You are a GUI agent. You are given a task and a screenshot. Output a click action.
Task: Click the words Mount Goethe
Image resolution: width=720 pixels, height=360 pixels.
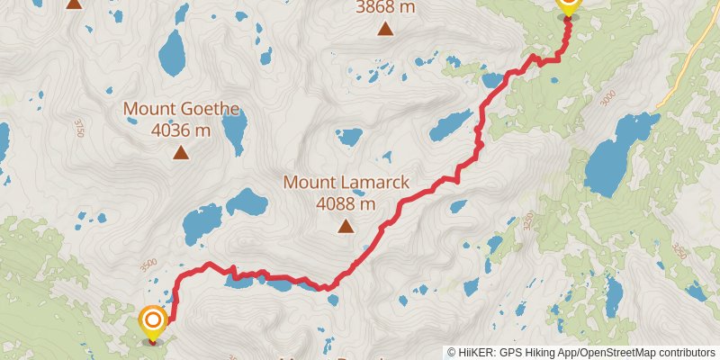click(x=181, y=110)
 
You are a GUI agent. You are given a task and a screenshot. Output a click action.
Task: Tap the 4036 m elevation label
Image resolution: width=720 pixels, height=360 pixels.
click(x=181, y=130)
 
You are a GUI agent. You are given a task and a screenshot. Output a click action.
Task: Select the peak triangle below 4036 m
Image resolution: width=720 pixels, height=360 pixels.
click(x=181, y=152)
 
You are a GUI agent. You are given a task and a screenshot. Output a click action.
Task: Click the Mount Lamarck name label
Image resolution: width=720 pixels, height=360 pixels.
click(x=346, y=183)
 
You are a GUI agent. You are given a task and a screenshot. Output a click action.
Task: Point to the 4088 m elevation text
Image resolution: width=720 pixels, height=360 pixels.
click(x=346, y=203)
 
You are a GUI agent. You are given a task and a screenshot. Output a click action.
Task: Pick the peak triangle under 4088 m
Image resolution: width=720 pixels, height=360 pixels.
click(x=346, y=226)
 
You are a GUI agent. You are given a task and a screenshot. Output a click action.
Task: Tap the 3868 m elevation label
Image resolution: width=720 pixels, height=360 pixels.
click(x=385, y=7)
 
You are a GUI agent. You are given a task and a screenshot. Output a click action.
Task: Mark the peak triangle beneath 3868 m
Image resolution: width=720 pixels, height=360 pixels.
click(x=385, y=29)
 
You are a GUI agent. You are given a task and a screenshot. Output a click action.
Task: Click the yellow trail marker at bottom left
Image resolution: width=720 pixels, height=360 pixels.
click(x=153, y=320)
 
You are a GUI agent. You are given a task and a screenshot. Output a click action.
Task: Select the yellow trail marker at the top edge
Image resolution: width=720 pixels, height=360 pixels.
click(x=567, y=4)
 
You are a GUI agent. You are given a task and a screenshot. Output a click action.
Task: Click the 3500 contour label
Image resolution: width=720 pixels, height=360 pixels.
click(x=148, y=265)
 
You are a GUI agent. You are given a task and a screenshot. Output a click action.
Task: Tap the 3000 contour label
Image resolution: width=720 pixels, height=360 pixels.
click(x=611, y=98)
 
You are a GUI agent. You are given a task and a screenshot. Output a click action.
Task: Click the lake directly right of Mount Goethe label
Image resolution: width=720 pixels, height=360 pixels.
click(x=234, y=135)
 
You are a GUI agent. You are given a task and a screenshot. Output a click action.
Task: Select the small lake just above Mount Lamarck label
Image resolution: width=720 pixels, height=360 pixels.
click(x=348, y=138)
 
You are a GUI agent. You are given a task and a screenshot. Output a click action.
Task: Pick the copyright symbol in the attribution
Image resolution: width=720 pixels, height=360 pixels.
click(x=452, y=352)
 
